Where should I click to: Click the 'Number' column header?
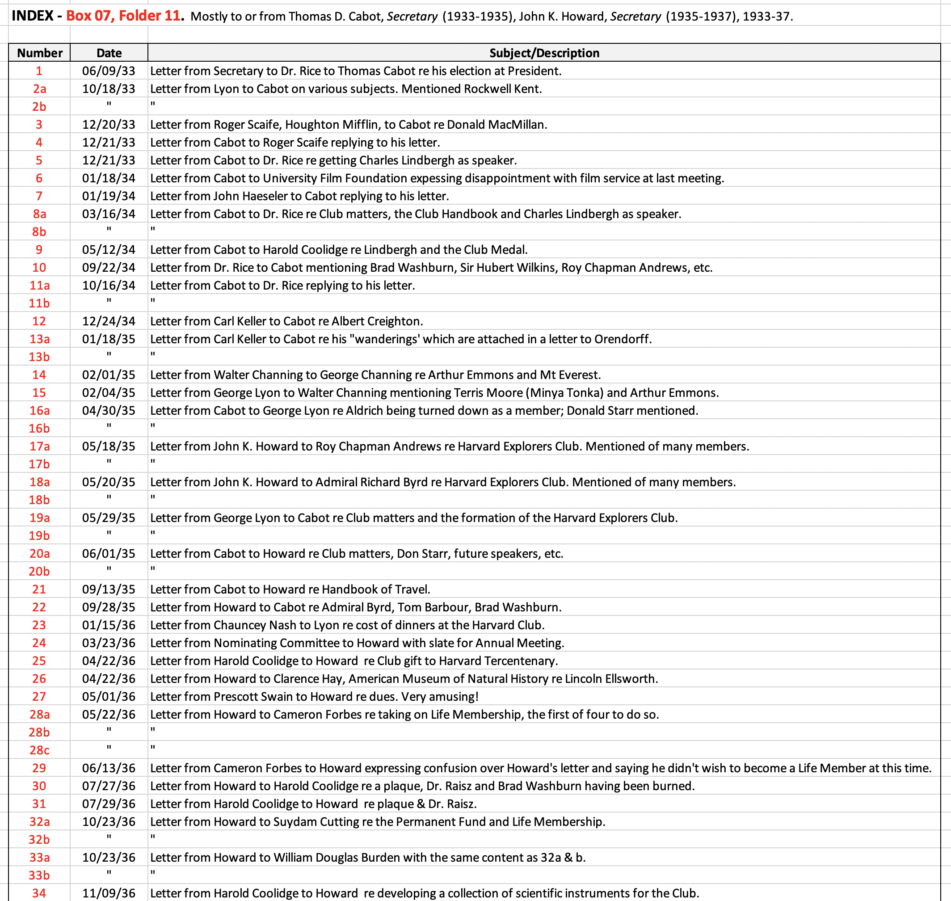tap(39, 53)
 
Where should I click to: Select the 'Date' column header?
tap(109, 53)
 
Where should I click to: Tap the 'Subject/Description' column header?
tap(544, 53)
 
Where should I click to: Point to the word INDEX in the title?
tap(32, 16)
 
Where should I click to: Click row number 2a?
tap(39, 89)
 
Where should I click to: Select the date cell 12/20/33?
tap(109, 124)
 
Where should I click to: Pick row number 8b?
tap(39, 232)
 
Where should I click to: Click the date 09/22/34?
tap(109, 268)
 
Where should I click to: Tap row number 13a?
tap(39, 339)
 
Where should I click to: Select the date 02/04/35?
tap(109, 393)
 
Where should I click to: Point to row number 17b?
tap(39, 464)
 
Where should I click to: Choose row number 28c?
tap(39, 750)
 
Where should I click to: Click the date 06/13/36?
tap(109, 768)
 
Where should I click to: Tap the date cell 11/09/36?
tap(109, 893)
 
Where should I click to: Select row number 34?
tap(39, 893)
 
